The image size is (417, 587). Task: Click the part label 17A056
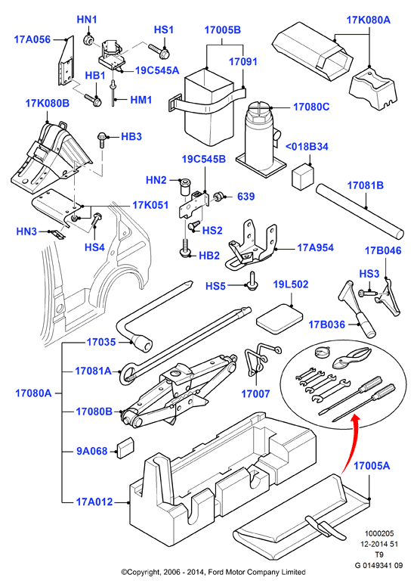tap(32, 39)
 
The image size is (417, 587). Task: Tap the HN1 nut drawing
tap(88, 39)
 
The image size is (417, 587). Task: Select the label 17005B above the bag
tap(223, 30)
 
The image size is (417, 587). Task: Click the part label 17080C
tap(311, 107)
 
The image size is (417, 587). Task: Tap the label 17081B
tap(366, 185)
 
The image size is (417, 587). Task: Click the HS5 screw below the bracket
tap(252, 280)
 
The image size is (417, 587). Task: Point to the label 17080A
tap(33, 393)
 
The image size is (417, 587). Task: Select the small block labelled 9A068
tap(125, 448)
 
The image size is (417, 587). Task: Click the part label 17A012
tap(94, 502)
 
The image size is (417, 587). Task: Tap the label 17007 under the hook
tap(255, 393)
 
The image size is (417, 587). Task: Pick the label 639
tap(246, 197)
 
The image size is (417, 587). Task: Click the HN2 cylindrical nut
tap(186, 186)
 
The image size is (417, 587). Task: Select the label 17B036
tap(326, 325)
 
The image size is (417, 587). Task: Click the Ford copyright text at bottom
tap(213, 572)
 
